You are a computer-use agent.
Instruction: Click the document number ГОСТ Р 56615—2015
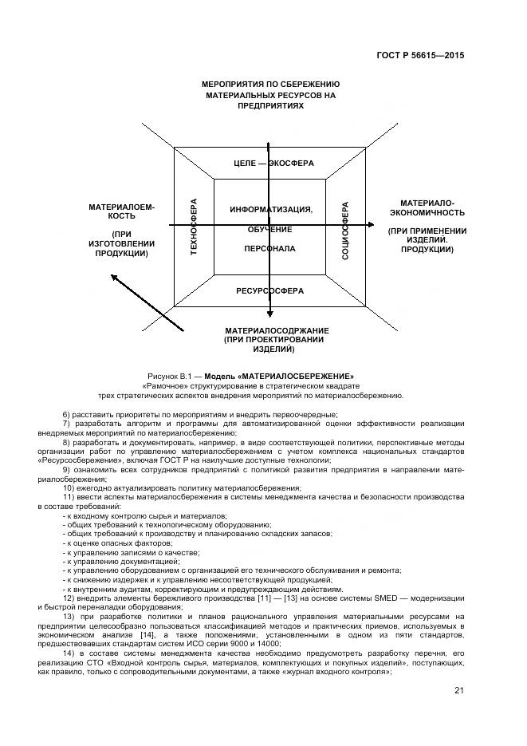[x=421, y=56]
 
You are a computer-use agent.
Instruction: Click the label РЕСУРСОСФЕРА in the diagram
[x=269, y=291]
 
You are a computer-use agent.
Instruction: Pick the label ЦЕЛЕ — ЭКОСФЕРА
[x=273, y=164]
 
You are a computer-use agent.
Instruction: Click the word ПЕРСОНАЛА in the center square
[x=269, y=249]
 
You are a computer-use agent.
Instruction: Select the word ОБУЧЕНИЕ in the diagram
[x=269, y=230]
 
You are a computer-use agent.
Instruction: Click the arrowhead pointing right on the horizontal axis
[x=369, y=227]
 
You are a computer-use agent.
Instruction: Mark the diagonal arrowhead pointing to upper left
[x=115, y=278]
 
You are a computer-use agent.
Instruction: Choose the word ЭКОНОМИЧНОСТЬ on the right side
[x=427, y=213]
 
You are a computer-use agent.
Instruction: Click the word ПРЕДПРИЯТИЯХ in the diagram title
[x=270, y=105]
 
